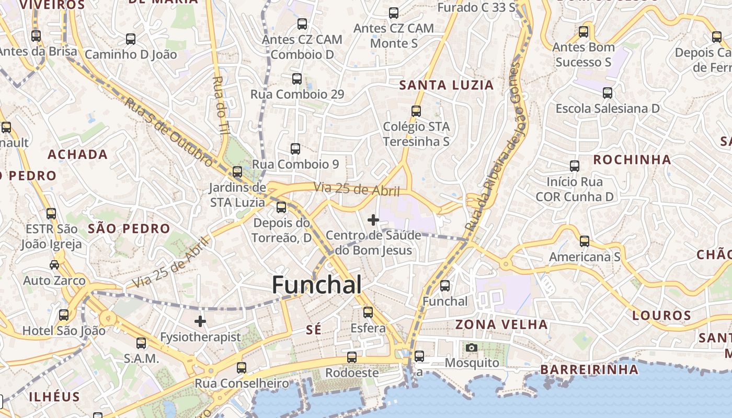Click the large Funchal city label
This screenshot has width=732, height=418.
(x=317, y=285)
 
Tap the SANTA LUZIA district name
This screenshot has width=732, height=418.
(x=446, y=85)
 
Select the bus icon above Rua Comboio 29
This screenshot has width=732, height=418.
(x=297, y=79)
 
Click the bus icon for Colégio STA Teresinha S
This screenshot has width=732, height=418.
(x=416, y=111)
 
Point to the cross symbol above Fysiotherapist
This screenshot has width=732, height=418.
(x=200, y=321)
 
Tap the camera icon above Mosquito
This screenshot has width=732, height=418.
(x=472, y=347)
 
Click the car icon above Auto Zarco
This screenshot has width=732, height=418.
(x=54, y=265)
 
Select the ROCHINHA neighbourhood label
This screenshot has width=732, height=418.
(x=632, y=159)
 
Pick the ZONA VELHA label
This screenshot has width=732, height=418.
(x=501, y=324)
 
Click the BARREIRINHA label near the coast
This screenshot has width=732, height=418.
(x=589, y=369)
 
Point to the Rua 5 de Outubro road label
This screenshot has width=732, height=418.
(x=168, y=131)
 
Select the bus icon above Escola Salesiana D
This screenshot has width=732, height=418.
(x=608, y=93)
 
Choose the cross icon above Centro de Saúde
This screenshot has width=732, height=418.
(x=373, y=220)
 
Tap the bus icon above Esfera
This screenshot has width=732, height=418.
(x=368, y=312)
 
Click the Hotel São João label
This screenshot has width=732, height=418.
(x=64, y=331)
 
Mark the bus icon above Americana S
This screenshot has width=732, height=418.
(x=585, y=241)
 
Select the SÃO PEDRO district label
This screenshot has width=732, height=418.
(x=129, y=228)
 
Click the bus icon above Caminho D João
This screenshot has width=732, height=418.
(x=131, y=39)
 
